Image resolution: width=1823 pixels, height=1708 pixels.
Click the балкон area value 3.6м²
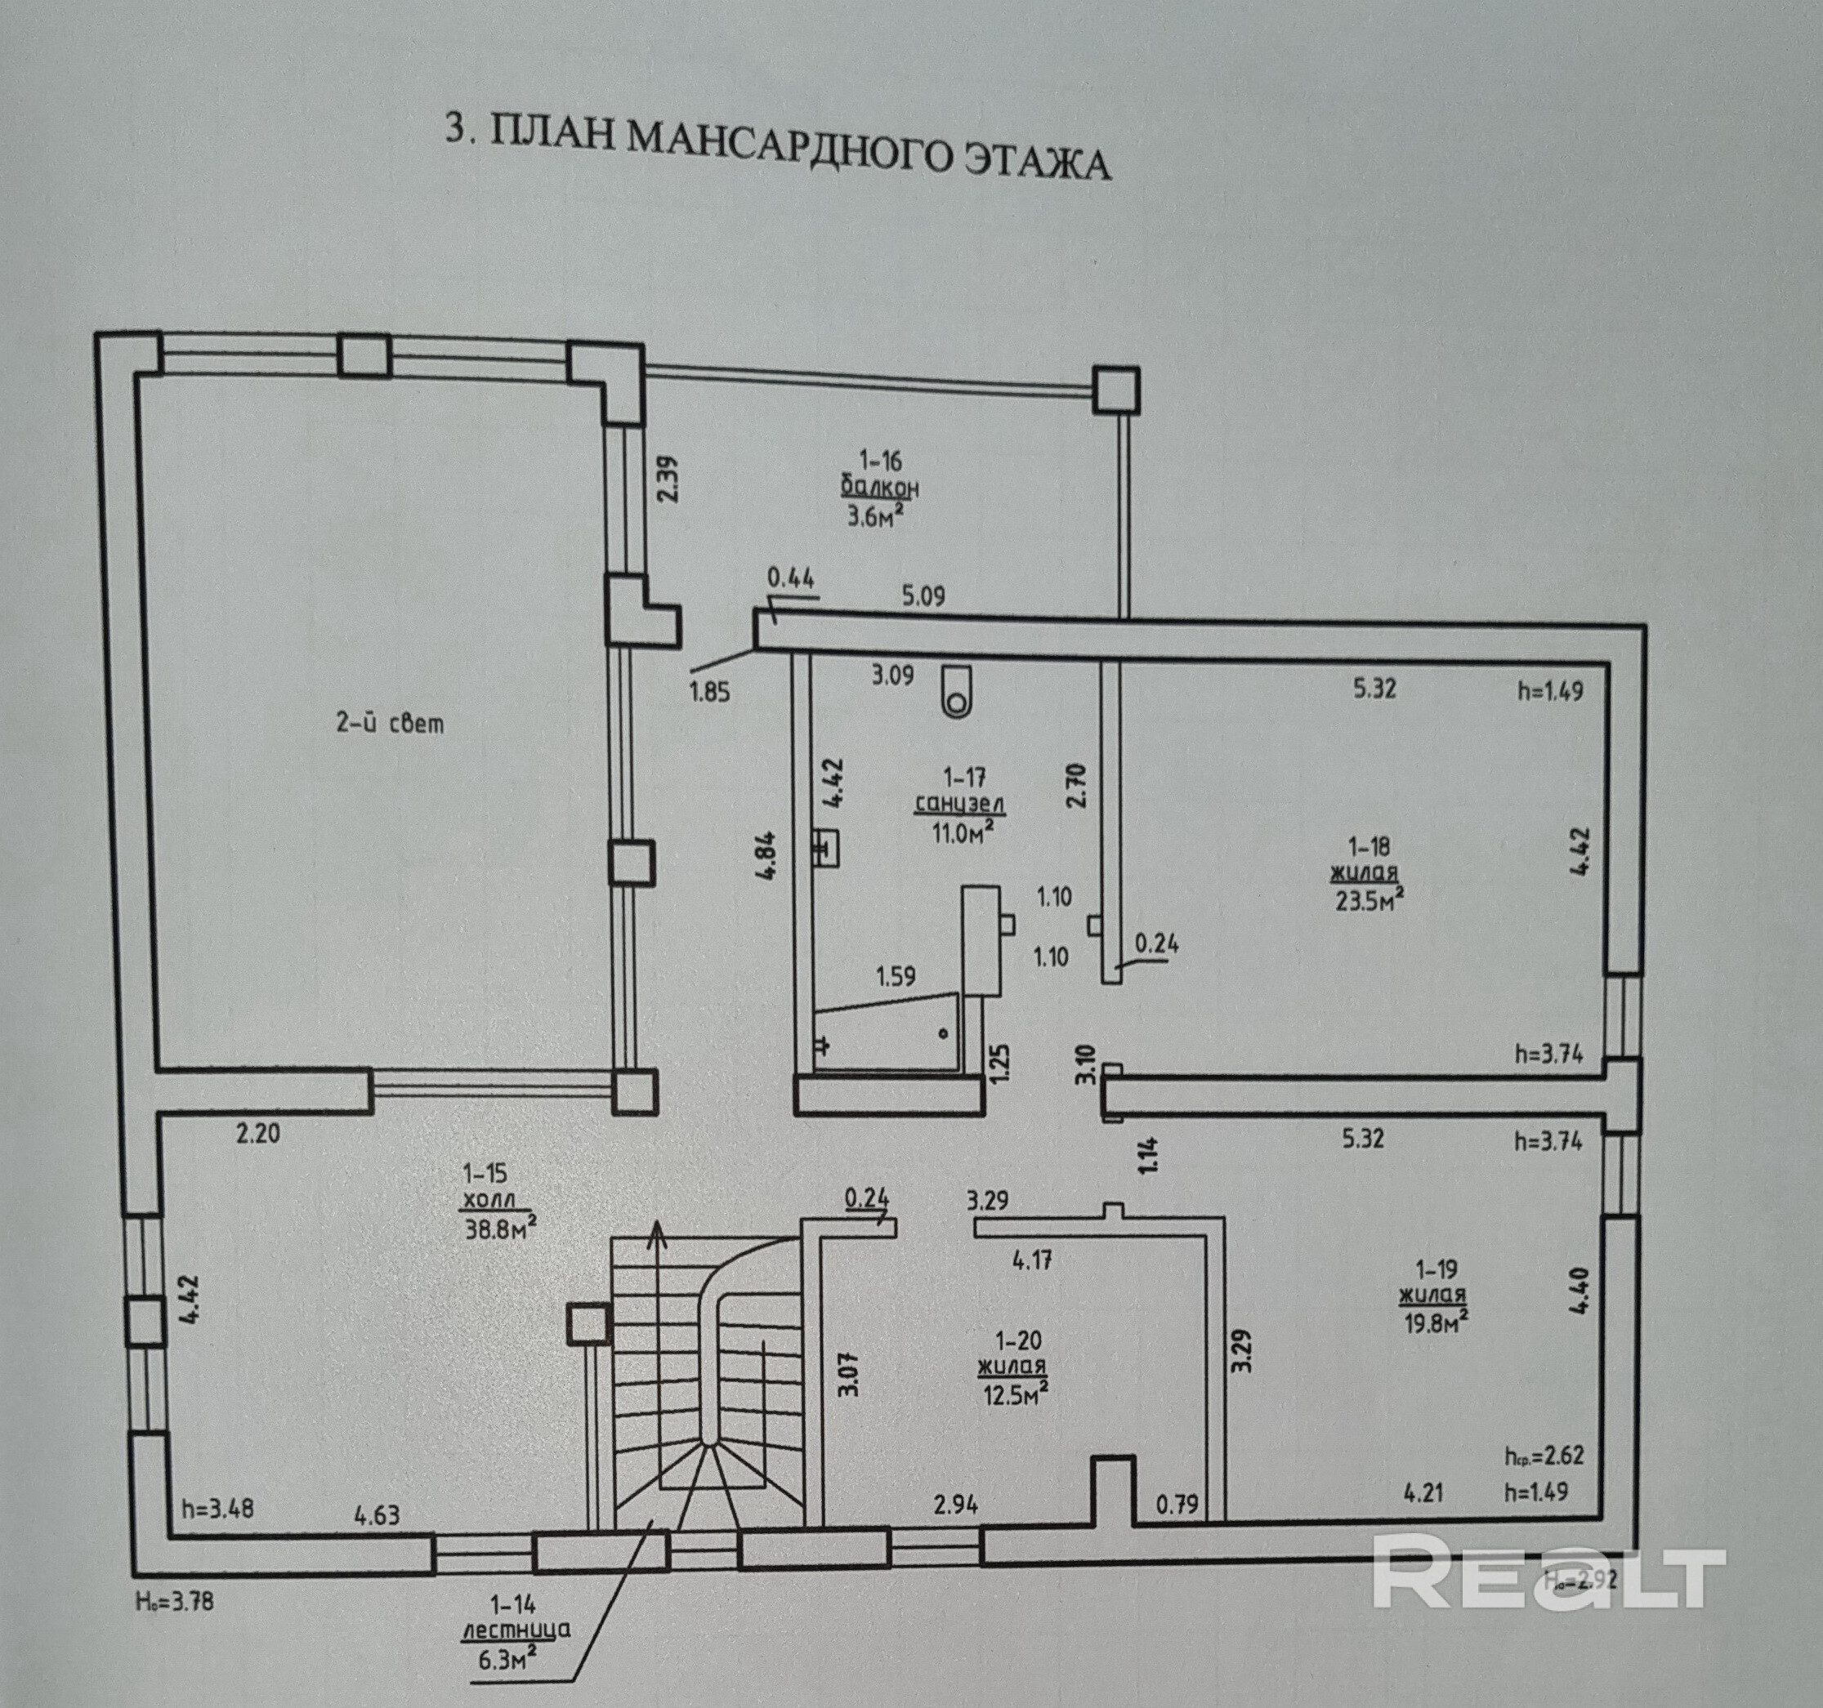point(876,516)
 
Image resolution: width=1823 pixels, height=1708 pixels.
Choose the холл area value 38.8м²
point(501,1227)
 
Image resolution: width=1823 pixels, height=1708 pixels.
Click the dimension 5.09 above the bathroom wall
point(923,596)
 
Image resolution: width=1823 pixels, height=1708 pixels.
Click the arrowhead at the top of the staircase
point(657,1234)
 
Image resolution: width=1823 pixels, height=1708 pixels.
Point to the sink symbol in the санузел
point(827,849)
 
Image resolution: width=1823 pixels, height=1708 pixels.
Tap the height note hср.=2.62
point(1545,1456)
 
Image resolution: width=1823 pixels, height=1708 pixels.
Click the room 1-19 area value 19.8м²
point(1435,1322)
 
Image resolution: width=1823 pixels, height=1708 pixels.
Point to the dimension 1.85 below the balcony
point(710,691)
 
